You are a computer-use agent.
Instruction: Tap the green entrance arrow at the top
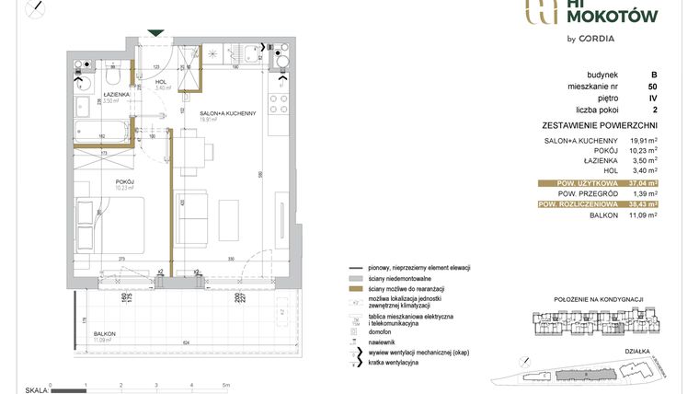coord(157,33)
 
